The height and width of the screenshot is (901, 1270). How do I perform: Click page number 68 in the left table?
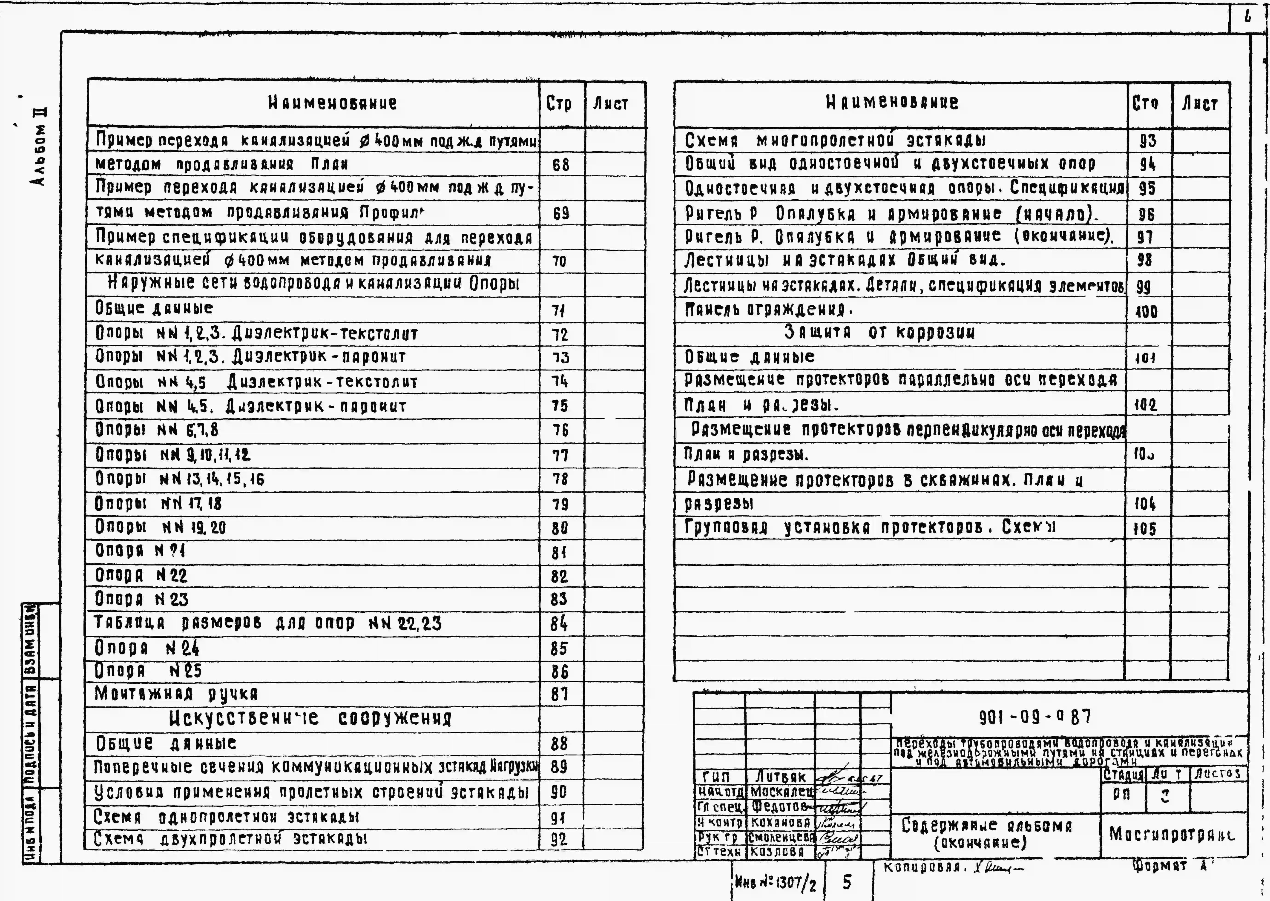click(x=561, y=165)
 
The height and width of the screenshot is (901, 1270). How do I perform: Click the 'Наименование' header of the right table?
click(x=892, y=103)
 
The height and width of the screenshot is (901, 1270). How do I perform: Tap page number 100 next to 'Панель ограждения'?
click(x=1146, y=312)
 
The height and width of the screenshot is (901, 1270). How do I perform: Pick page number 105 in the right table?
click(x=1145, y=528)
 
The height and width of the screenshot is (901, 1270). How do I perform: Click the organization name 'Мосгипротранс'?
click(x=1172, y=834)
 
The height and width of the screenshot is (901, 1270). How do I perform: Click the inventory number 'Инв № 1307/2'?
click(x=776, y=882)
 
